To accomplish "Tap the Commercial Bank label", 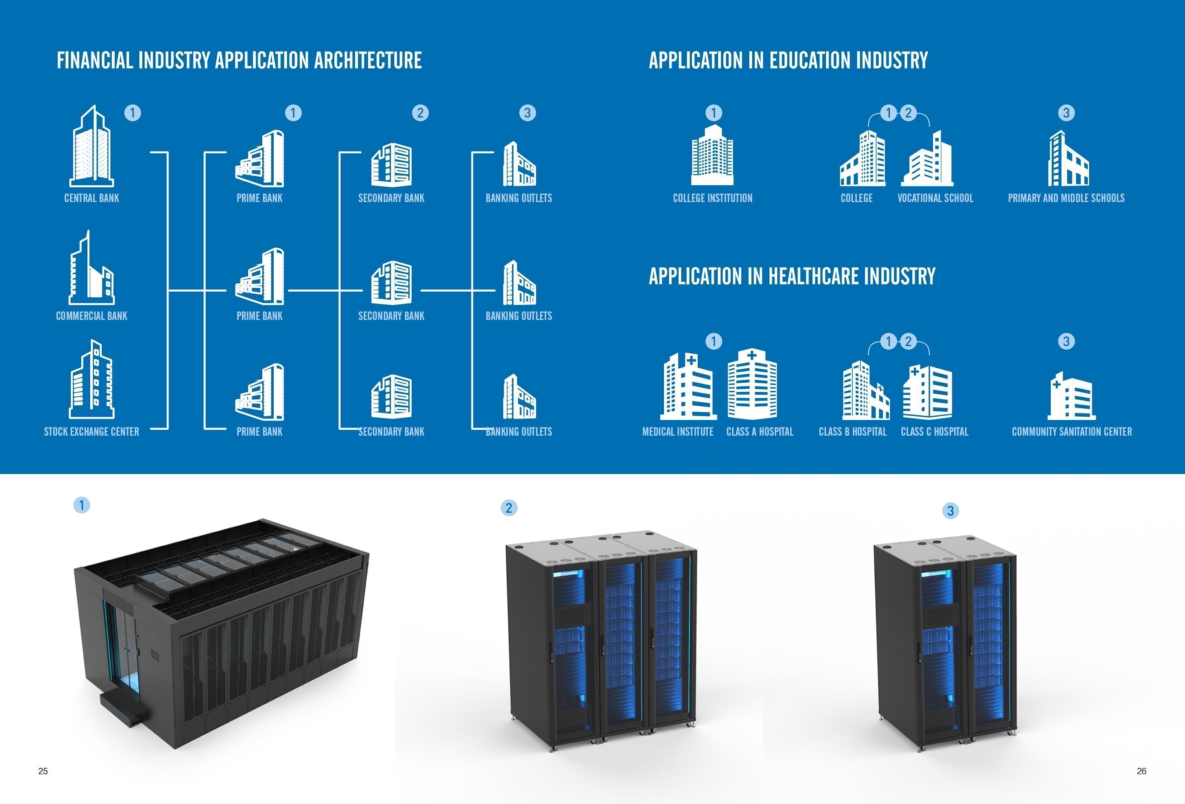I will coord(92,316).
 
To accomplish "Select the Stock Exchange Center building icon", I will coord(92,380).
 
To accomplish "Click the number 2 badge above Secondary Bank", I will coord(420,113).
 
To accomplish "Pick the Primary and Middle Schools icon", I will coord(1068,159).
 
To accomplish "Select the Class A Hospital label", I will coord(760,432).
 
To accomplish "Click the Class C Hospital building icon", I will coord(927,391).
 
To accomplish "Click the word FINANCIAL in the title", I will coord(95,60).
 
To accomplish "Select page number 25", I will coord(43,771).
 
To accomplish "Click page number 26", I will coord(1141,771).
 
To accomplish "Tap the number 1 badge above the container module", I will coord(82,505).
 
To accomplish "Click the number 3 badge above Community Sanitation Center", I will coord(1066,341).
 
